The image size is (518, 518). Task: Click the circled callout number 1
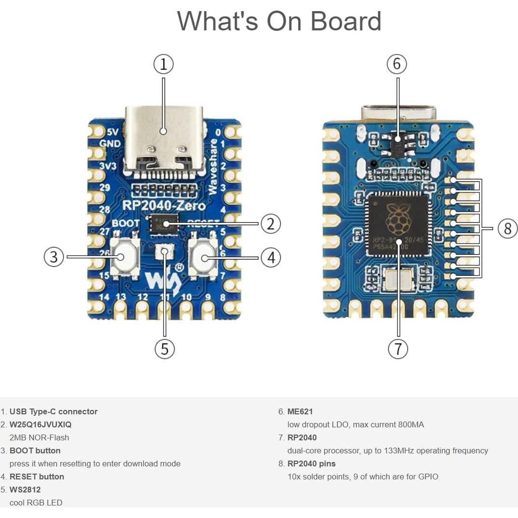[164, 64]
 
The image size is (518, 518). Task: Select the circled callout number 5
[164, 348]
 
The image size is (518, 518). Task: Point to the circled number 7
[398, 348]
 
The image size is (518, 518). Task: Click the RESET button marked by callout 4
[203, 258]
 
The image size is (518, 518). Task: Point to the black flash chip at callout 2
[164, 223]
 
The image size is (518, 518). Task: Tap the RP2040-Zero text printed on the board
[164, 206]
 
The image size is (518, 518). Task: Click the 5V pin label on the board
[112, 132]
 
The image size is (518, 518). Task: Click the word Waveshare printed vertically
[213, 167]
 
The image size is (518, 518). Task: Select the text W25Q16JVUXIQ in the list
[41, 424]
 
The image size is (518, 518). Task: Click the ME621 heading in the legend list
[300, 411]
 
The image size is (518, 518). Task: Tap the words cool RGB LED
[36, 503]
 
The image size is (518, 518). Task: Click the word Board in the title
[345, 21]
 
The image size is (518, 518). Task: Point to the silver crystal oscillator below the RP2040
[398, 278]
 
